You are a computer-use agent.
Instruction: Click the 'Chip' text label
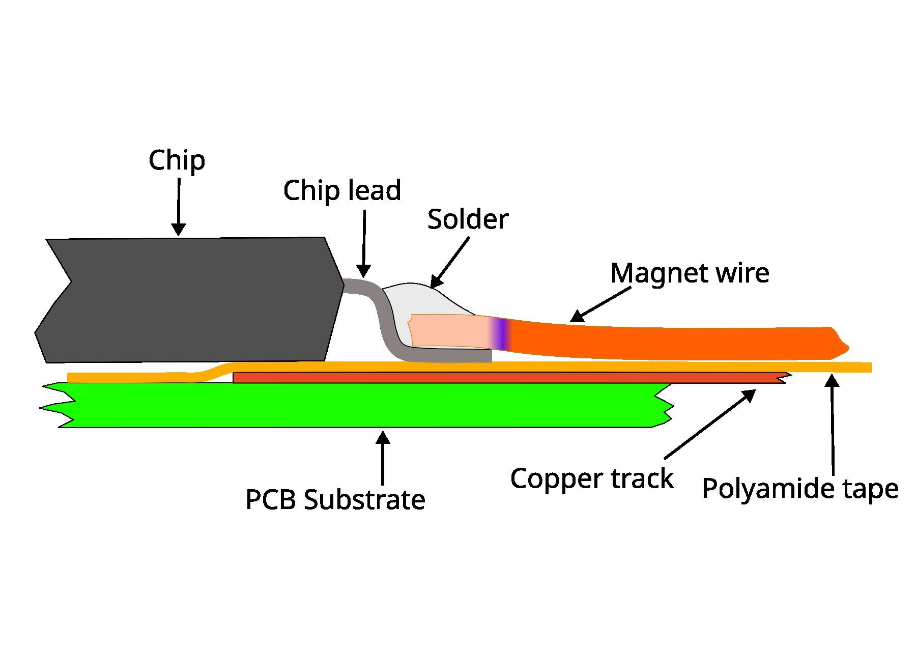(x=177, y=161)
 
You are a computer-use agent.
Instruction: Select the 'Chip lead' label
(x=342, y=191)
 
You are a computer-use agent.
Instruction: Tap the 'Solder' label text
(x=468, y=219)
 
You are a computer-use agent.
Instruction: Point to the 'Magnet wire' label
(x=690, y=273)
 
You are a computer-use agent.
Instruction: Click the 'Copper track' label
(x=591, y=479)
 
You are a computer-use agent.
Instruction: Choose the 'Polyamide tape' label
(x=800, y=489)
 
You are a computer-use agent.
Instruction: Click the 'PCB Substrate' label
(x=335, y=500)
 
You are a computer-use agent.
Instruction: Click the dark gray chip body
(x=188, y=300)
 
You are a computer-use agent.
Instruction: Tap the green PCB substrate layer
(x=356, y=405)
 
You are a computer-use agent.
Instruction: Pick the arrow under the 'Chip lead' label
(x=364, y=244)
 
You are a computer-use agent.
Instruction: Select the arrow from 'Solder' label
(x=450, y=262)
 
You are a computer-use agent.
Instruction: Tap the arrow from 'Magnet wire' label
(x=600, y=304)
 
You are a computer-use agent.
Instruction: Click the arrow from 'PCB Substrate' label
(x=383, y=458)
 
